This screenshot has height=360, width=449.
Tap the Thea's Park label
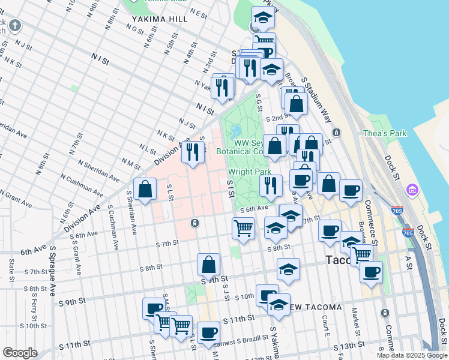tap(385, 133)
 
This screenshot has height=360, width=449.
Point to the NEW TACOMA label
tap(316, 307)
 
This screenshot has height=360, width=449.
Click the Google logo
tap(20, 353)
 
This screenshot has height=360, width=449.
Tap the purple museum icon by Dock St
tap(412, 191)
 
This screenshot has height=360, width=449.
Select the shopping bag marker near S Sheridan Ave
tap(145, 190)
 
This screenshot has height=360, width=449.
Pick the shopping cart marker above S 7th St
tap(243, 228)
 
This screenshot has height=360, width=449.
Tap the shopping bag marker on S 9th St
tap(208, 264)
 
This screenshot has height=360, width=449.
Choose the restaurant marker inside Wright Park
tap(271, 185)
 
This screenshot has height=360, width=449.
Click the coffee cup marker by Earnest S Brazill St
tap(208, 332)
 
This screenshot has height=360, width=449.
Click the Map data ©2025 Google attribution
tap(412, 355)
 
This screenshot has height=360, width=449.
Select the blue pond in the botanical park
tap(235, 131)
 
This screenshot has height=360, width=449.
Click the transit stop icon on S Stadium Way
tap(337, 132)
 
